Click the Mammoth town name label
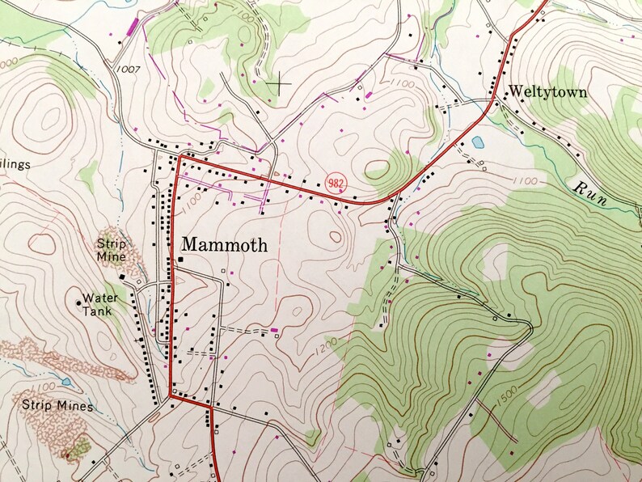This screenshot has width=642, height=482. (x=224, y=244)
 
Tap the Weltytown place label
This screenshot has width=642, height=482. (x=547, y=92)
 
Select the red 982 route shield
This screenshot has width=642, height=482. (x=336, y=183)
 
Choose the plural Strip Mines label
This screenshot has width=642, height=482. (x=57, y=406)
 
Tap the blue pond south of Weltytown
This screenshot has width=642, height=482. (x=478, y=142)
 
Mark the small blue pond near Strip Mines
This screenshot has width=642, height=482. (x=65, y=381)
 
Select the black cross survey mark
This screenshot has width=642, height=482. (x=280, y=82)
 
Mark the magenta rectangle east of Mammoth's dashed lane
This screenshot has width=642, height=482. (x=275, y=329)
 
